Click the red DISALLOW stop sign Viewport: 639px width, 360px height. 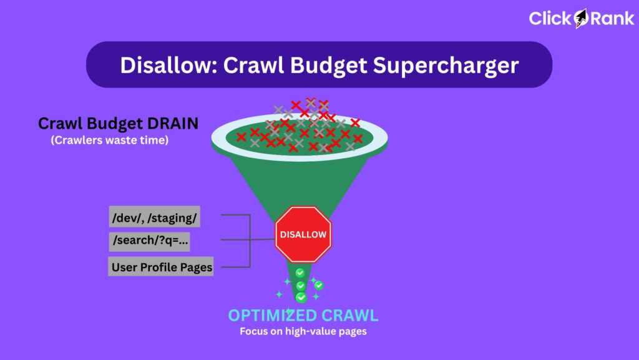coord(303,234)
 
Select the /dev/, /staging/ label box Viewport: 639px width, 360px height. coord(155,217)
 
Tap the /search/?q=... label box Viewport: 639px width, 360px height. coord(150,241)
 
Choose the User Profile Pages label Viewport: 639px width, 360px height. coord(161,266)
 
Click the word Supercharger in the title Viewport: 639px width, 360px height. coord(446,65)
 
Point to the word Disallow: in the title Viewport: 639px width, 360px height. coord(168,65)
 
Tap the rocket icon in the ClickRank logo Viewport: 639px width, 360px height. coord(581,18)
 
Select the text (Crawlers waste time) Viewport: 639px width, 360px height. coord(110,141)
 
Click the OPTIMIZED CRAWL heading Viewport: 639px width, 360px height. coord(303,315)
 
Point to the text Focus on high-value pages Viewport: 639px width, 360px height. coord(303,331)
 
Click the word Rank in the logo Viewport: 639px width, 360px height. coord(612,18)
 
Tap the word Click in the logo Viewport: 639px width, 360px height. coord(551,18)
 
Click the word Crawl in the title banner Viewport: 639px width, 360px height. coord(253,65)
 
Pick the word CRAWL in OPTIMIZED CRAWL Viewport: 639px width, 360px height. coord(349,315)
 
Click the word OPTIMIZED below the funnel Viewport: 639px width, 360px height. coord(272,315)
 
